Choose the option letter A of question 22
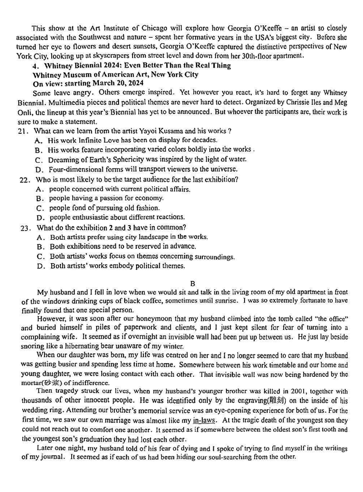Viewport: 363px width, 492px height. [x=40, y=189]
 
